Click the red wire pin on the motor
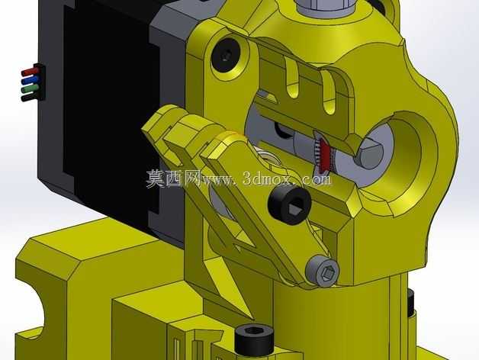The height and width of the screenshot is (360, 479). [x=30, y=72]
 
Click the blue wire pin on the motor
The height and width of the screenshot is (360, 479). [x=30, y=81]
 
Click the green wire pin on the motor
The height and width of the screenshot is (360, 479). [x=30, y=89]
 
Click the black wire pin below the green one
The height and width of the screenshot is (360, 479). [x=30, y=97]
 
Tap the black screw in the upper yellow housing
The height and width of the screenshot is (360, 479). [x=226, y=56]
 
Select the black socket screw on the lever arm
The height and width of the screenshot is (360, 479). [x=290, y=204]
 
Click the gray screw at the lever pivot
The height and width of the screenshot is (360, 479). [x=323, y=271]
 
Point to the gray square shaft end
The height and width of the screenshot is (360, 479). [x=370, y=153]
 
